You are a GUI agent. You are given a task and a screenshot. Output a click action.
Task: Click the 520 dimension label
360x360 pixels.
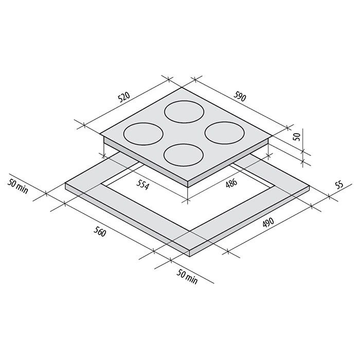tap(124, 97)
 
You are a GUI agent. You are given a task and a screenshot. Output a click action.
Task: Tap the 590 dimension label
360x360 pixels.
tap(240, 96)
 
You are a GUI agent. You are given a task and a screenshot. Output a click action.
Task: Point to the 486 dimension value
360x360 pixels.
tap(231, 183)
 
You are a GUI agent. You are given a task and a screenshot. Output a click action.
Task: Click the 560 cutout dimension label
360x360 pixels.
tap(100, 232)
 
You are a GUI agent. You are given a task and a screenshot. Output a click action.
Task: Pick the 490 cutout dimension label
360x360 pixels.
tap(267, 222)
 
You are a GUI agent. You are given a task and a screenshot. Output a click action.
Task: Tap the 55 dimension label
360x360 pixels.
tap(340, 184)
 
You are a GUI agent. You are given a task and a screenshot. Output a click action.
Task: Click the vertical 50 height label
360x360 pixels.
tap(297, 137)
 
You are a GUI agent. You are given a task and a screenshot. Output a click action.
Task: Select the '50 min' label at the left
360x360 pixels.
tap(17, 186)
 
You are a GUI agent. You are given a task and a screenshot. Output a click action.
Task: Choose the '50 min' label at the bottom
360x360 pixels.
tap(187, 277)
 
